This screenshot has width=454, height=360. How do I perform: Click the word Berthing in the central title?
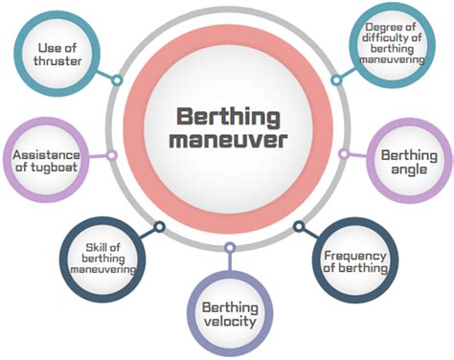(x=228, y=117)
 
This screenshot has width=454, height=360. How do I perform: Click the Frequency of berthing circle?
(x=355, y=262)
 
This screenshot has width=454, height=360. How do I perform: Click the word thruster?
(x=60, y=63)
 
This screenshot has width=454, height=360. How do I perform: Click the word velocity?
(x=229, y=322)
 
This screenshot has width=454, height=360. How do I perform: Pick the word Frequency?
(x=355, y=256)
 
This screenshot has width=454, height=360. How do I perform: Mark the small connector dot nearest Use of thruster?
(x=116, y=79)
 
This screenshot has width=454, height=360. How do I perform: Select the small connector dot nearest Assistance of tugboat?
(x=111, y=154)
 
